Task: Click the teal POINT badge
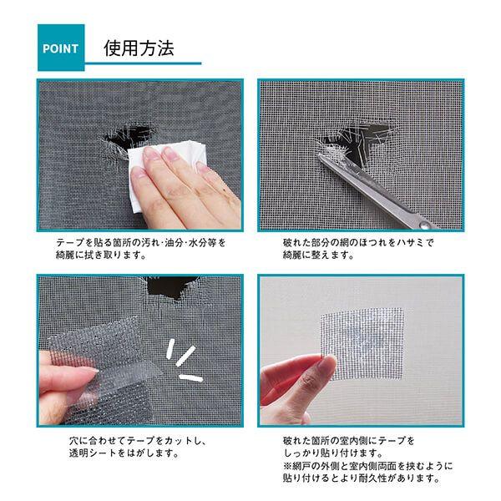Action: (61, 48)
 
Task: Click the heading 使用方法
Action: (139, 48)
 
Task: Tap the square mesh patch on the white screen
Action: (362, 343)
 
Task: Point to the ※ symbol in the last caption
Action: (287, 466)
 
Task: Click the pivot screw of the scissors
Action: (424, 225)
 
